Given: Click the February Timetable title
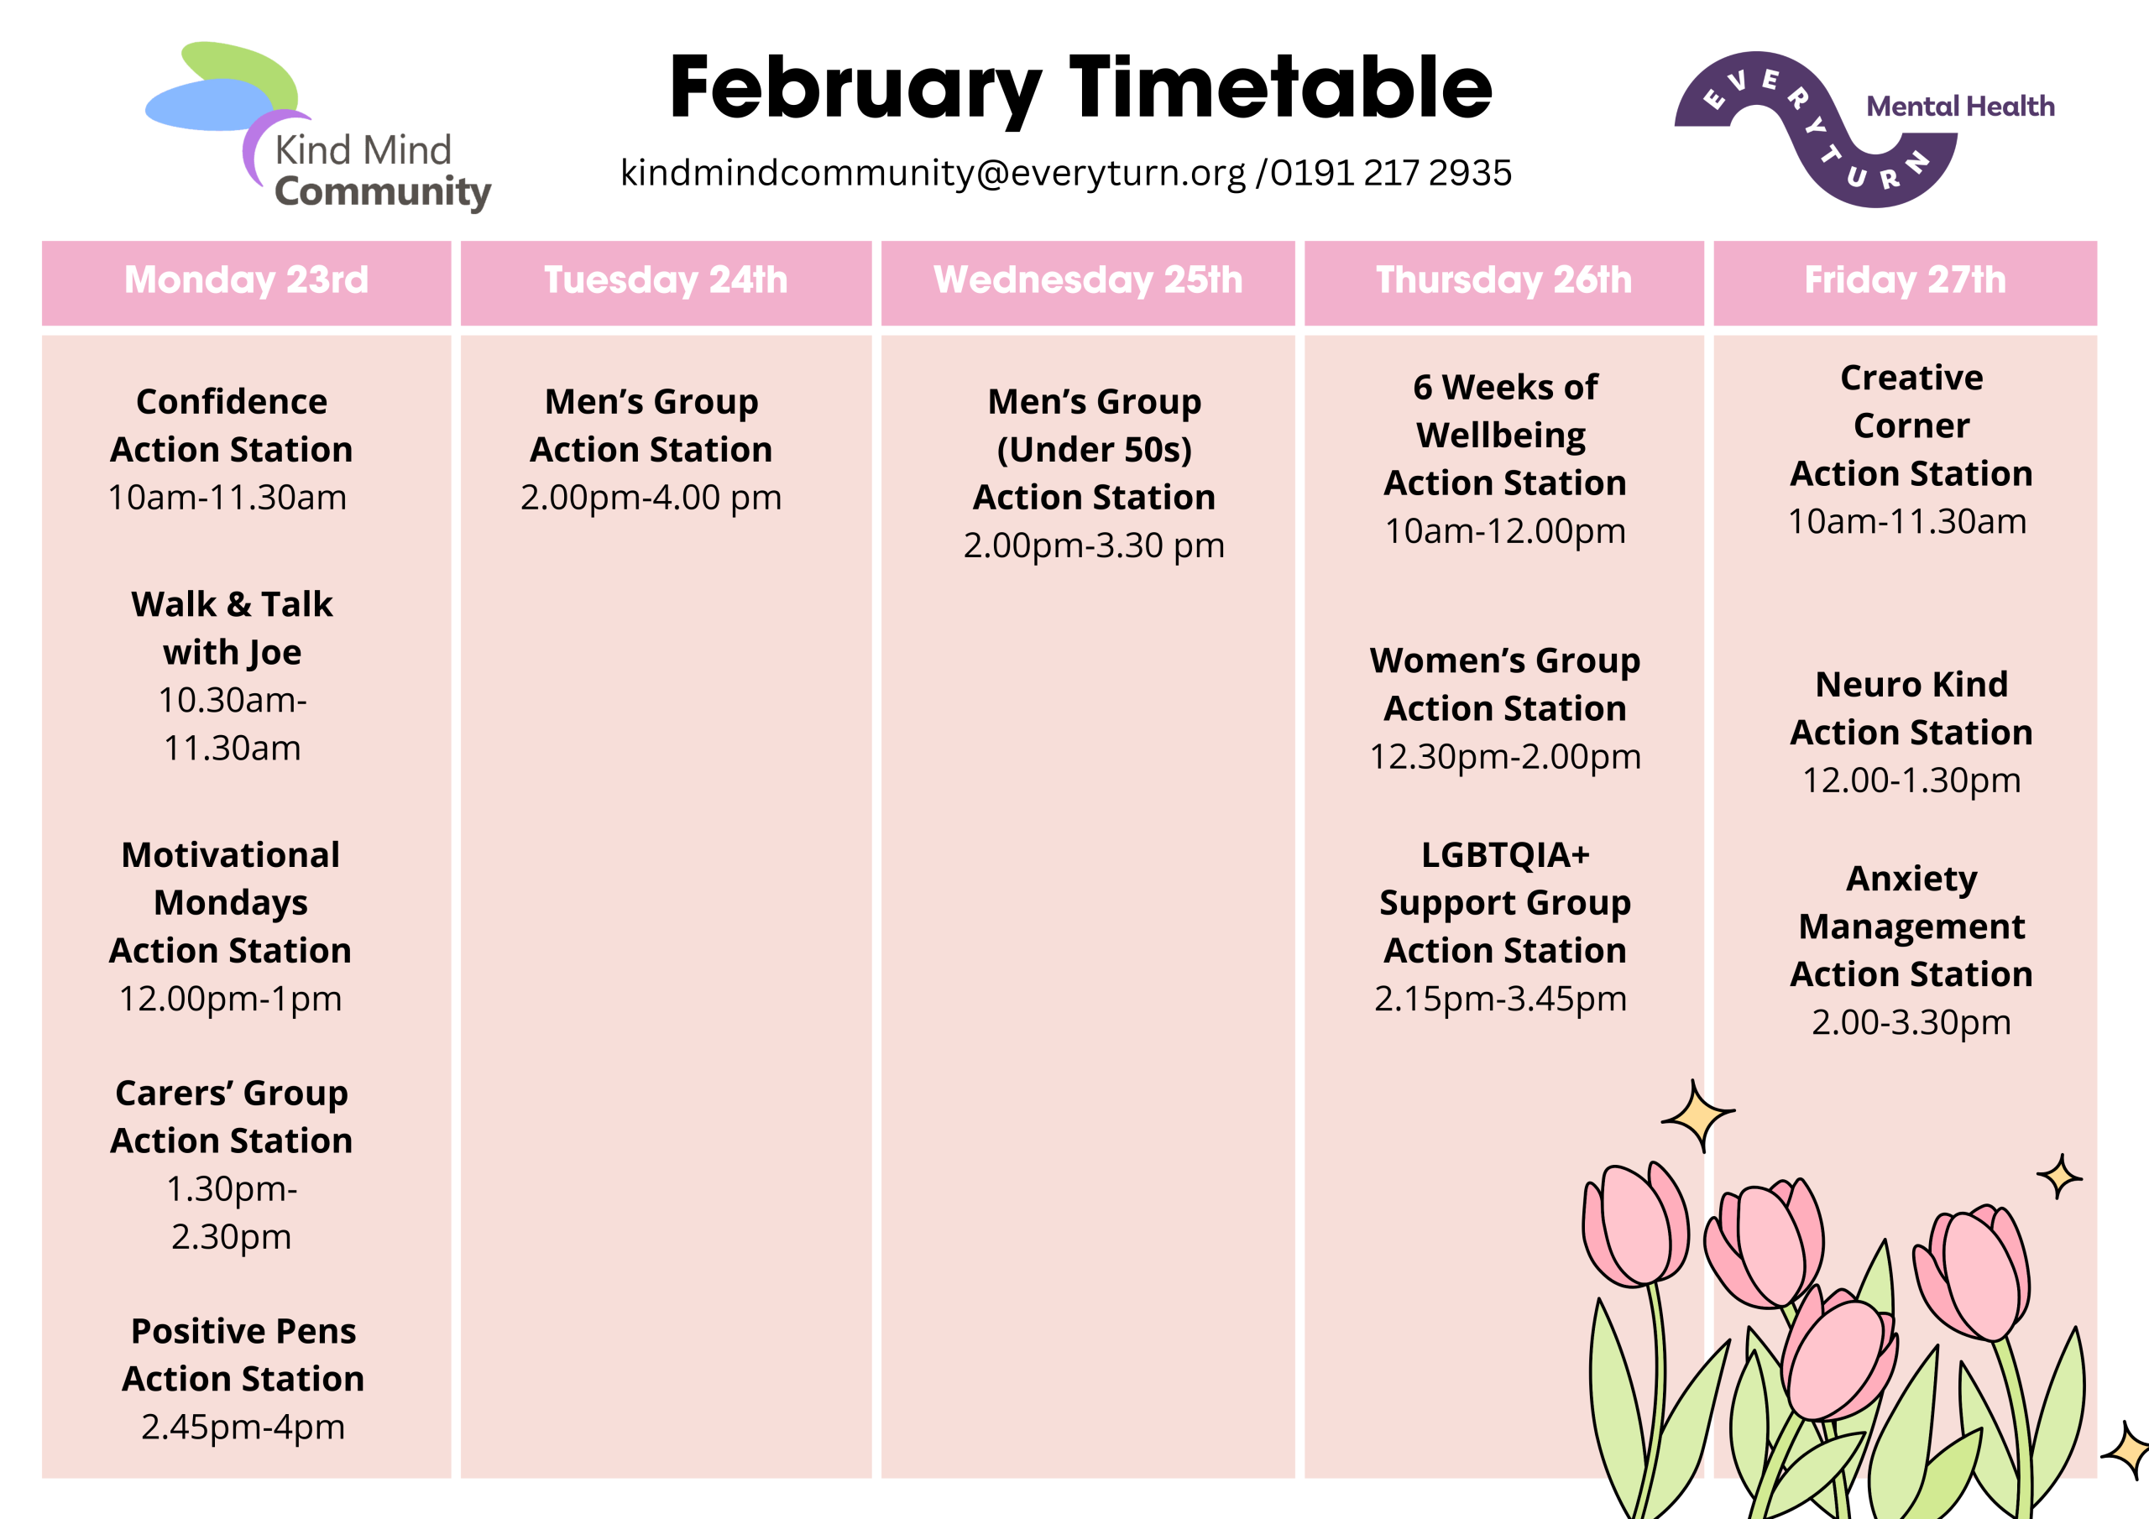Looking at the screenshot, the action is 1081,90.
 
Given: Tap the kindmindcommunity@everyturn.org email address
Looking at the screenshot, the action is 933,173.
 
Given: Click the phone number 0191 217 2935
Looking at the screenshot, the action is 1391,173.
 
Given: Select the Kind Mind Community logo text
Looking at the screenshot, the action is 382,171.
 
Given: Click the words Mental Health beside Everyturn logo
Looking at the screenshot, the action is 1960,106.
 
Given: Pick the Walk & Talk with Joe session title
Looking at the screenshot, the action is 233,628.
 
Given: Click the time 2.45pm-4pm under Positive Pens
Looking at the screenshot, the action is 243,1428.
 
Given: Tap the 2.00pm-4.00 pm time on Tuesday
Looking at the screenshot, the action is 651,497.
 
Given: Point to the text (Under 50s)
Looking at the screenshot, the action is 1094,450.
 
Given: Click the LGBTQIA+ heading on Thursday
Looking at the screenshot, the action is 1505,854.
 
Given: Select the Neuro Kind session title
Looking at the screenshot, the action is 1911,684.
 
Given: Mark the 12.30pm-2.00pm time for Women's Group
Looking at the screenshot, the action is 1505,756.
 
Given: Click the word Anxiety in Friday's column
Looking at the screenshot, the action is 1911,880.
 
